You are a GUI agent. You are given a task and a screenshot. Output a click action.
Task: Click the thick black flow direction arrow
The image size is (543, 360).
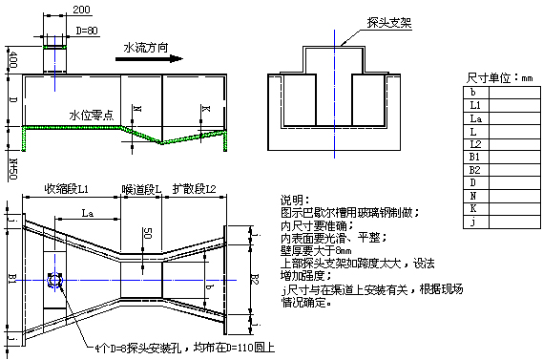(x=148, y=58)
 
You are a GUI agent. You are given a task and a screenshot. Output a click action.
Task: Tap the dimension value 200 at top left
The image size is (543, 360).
(x=81, y=9)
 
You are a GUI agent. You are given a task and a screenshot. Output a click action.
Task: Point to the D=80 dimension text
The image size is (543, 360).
(x=86, y=30)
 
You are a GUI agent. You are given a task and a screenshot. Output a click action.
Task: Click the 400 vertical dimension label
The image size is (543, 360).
(x=12, y=59)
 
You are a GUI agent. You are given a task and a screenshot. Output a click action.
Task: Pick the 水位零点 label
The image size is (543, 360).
(x=92, y=115)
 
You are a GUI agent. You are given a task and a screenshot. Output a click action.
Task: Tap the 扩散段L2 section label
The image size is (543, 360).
(x=196, y=190)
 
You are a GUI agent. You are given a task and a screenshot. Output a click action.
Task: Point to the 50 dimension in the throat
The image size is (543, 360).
(x=146, y=235)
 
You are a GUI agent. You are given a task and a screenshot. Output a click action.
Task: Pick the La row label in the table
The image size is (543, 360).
(x=476, y=117)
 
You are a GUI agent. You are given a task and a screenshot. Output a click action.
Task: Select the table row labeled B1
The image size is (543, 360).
(x=475, y=156)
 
